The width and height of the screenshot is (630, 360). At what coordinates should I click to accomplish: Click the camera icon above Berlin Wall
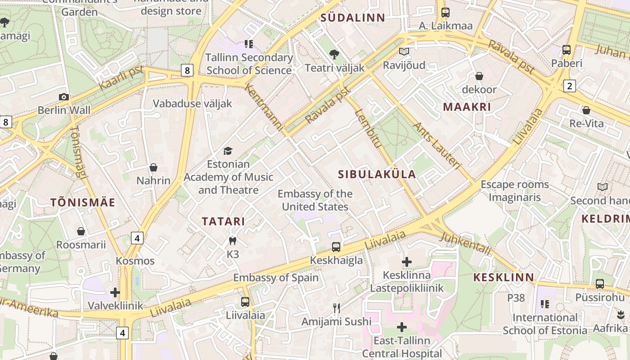(64, 97)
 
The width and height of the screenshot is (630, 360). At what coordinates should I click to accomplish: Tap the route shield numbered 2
(570, 85)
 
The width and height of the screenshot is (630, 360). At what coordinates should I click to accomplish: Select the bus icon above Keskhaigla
(336, 247)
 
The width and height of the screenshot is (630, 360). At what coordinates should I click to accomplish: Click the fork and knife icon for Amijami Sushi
(336, 308)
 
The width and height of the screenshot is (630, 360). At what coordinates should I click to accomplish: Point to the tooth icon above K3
(233, 241)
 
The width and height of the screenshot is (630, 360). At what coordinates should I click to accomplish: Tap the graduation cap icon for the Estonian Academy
(228, 151)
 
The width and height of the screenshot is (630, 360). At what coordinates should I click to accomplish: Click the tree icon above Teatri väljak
(334, 54)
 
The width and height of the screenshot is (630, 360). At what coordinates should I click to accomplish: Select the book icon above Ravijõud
(404, 52)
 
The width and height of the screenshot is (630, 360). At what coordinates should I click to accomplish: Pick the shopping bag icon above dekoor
(479, 76)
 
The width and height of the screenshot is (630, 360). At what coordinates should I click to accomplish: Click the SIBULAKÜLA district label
(377, 175)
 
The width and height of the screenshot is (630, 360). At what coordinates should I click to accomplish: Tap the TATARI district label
(223, 221)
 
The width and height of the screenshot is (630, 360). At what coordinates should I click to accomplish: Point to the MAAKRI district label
(467, 107)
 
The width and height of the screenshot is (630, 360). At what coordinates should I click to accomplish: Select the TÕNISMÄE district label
(83, 202)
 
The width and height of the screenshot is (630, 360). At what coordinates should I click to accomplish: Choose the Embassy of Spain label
(275, 278)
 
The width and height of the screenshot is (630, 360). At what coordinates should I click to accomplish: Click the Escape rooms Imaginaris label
(514, 191)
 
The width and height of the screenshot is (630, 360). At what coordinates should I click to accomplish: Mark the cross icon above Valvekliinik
(115, 292)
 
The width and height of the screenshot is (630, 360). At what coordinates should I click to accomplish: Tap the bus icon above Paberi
(567, 50)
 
